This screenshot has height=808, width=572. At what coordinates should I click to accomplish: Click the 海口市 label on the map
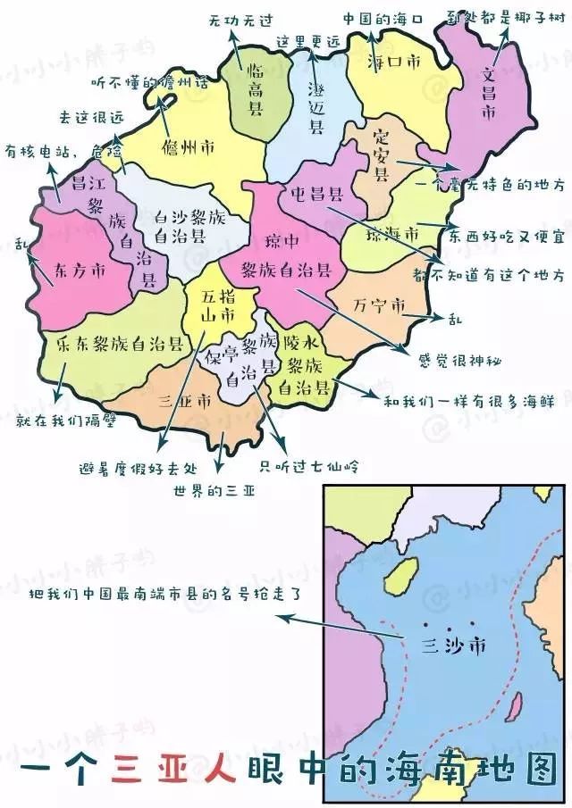(394, 62)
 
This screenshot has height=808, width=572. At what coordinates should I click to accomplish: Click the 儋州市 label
(188, 146)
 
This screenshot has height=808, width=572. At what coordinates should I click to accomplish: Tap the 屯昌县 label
(316, 193)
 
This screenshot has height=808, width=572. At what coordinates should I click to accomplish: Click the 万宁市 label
(379, 304)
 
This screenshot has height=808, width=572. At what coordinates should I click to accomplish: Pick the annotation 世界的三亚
(215, 490)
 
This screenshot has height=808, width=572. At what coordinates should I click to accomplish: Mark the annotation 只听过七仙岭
(304, 464)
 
